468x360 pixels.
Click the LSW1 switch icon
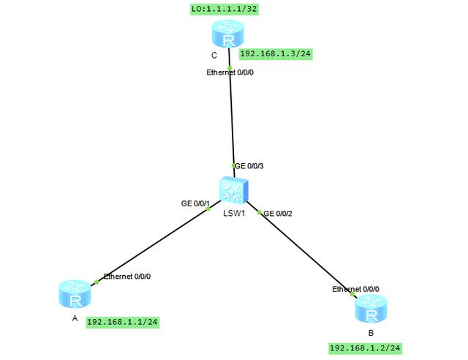234,192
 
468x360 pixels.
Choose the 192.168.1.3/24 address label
276,54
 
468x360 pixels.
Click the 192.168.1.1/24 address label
123,321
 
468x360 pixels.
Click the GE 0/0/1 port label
195,203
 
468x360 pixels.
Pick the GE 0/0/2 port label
278,213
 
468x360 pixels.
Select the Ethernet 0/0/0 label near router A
128,277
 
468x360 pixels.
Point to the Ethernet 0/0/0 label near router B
357,289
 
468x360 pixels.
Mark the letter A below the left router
74,318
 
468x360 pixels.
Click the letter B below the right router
371,332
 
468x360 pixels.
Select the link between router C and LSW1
232,117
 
